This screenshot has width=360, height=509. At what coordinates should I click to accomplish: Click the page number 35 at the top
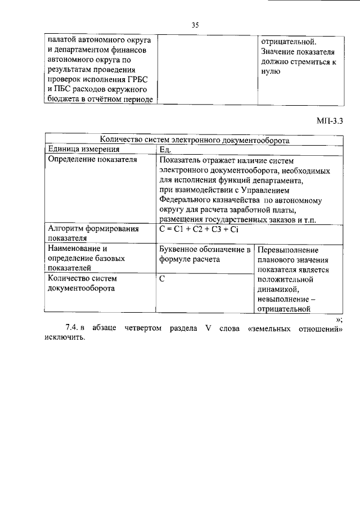[195, 25]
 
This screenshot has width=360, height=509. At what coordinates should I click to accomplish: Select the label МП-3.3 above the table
[330, 120]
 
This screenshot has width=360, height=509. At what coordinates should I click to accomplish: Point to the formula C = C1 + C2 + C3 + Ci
[195, 229]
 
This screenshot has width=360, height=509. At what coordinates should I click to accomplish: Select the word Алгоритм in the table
[67, 229]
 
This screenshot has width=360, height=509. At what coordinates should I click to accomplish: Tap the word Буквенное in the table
[180, 249]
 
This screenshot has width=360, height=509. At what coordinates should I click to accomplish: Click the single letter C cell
[163, 278]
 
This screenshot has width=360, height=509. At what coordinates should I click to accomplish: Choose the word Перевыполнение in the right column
[288, 250]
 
